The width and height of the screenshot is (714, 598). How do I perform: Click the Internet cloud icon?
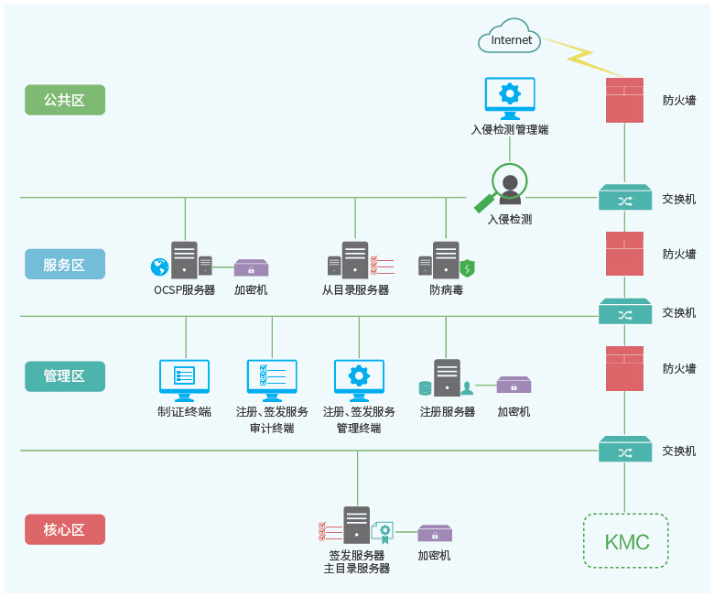pos(509,38)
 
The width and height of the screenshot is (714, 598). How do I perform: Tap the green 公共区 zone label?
pos(65,100)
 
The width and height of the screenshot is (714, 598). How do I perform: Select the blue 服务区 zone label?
pos(65,265)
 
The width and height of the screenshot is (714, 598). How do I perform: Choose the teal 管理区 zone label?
pos(65,376)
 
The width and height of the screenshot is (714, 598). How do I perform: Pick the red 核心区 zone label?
pos(65,529)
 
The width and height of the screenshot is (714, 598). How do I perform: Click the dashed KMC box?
pos(626,541)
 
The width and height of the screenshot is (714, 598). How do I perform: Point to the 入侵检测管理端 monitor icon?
pos(510,98)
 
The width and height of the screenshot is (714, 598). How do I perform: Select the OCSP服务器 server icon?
pos(184,259)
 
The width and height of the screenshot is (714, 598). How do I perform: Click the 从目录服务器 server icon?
pos(355,260)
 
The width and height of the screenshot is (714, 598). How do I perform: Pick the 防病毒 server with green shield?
pos(447,260)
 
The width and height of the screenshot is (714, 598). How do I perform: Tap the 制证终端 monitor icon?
pos(184,379)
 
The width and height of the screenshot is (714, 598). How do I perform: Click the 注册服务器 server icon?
pos(447,377)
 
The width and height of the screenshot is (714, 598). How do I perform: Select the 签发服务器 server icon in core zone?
pos(357,526)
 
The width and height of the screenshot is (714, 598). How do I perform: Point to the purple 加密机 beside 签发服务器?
pos(435,533)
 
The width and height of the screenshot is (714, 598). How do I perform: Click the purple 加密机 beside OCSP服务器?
pos(251,267)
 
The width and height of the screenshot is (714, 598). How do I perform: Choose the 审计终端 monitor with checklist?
pos(272,379)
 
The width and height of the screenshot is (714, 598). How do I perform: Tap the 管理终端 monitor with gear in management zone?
pos(359,379)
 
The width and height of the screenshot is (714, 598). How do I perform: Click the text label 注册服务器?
pos(448,412)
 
